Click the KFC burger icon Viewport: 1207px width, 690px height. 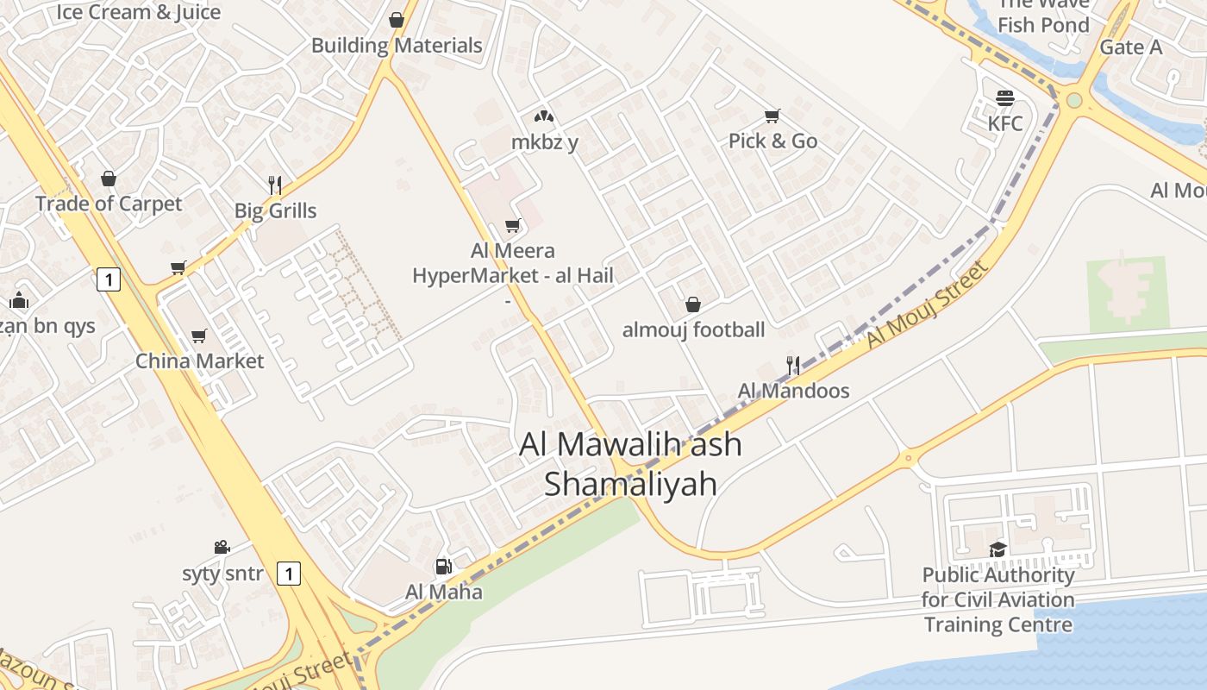click(1004, 97)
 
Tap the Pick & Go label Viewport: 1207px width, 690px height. click(772, 141)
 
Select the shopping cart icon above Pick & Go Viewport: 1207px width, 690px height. click(772, 116)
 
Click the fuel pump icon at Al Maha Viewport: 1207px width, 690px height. click(443, 567)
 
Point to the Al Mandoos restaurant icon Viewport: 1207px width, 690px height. click(793, 366)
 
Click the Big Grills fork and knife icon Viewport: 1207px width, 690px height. click(275, 185)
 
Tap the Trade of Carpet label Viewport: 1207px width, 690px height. click(109, 204)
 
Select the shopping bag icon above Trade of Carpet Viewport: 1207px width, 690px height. click(109, 179)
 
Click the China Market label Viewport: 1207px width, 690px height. click(199, 361)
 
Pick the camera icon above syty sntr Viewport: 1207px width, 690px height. click(222, 547)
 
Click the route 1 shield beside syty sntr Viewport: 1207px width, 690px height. click(289, 573)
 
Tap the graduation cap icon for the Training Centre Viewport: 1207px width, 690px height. click(997, 549)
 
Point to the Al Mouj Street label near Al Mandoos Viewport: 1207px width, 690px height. click(927, 304)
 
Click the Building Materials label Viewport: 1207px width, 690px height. click(397, 45)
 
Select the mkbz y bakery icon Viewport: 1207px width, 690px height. click(543, 116)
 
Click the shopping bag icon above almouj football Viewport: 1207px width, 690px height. click(692, 304)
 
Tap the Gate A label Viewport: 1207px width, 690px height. click(1130, 47)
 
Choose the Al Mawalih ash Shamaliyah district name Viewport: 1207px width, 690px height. click(630, 463)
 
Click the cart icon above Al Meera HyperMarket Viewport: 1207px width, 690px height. click(513, 226)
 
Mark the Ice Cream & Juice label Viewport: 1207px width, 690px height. click(139, 12)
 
